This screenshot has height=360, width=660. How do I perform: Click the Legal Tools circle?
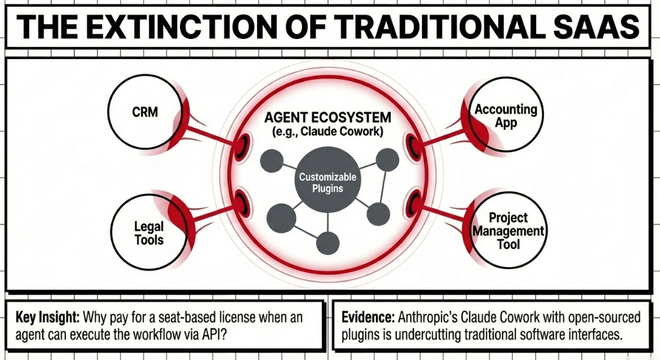tap(148, 232)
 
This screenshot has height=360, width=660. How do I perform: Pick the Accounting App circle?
tap(506, 116)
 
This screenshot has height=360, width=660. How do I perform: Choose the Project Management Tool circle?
tap(508, 230)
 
